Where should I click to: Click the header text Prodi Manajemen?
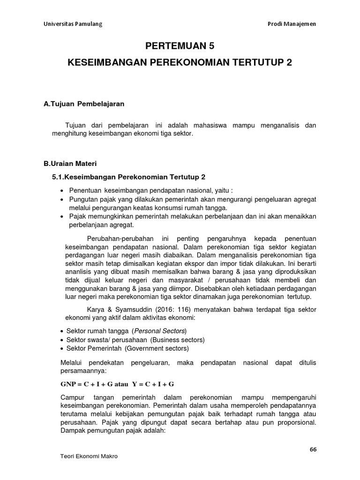289,24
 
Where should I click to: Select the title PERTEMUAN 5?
180,46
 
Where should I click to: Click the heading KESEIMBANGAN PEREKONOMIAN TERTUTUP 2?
180,63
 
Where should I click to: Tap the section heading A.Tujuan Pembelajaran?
84,104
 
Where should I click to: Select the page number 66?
313,449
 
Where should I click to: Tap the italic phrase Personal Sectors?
159,331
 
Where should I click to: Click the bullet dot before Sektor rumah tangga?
62,331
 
